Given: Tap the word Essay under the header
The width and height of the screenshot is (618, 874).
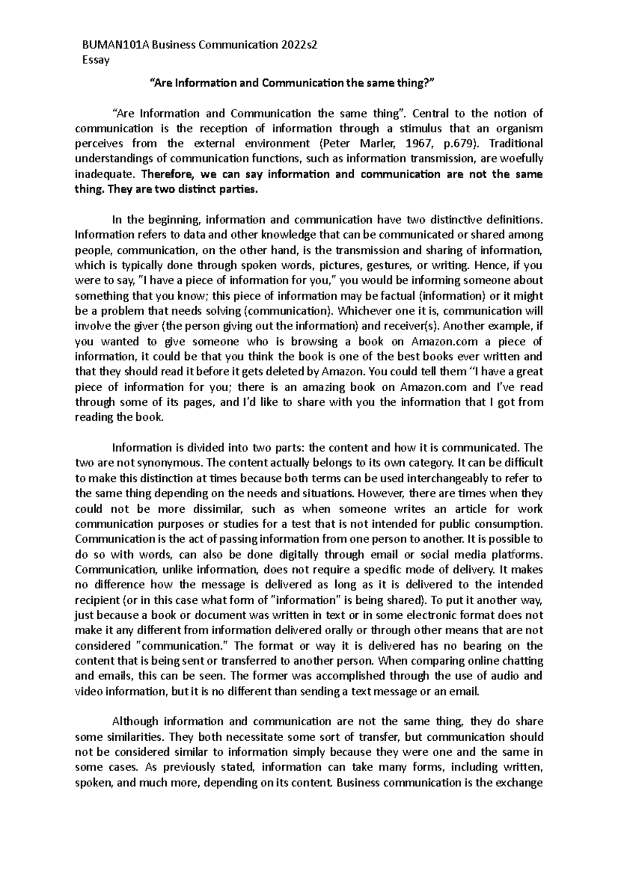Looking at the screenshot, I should pos(96,60).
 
